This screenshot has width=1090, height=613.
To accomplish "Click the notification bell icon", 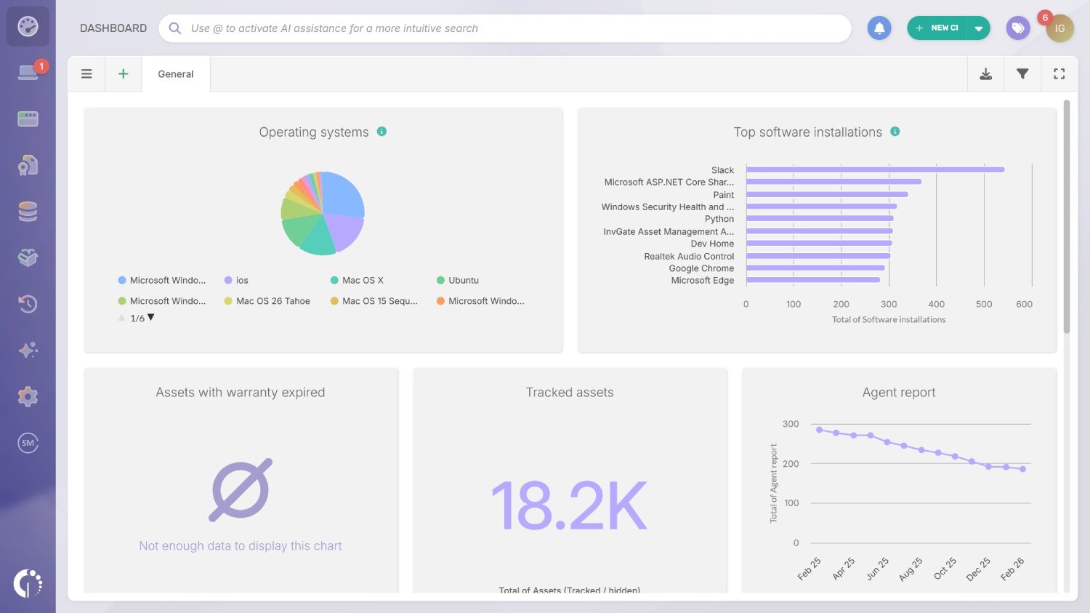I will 879,28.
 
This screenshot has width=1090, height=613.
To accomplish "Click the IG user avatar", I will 1059,28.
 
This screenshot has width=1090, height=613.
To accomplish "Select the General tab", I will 176,74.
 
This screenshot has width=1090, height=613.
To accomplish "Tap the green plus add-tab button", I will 124,74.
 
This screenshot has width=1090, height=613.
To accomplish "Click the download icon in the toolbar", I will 986,74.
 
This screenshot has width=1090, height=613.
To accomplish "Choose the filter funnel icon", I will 1022,74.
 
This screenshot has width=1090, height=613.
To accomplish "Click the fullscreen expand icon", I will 1059,74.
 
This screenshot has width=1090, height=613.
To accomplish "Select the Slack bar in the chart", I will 875,170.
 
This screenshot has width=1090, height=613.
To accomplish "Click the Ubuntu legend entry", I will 463,281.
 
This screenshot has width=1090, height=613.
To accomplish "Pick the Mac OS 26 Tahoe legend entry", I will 272,301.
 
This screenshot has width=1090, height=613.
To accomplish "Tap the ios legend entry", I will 241,281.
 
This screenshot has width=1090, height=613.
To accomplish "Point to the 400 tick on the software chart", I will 936,305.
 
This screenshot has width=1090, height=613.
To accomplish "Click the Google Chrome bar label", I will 701,268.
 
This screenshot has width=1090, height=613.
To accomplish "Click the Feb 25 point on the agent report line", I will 819,430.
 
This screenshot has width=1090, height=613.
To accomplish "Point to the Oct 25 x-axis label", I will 945,568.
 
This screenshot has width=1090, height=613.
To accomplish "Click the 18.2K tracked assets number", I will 569,506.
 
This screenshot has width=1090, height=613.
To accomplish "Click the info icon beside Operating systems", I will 381,132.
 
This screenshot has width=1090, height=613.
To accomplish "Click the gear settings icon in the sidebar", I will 28,396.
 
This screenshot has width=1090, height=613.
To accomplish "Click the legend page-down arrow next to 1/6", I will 151,318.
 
